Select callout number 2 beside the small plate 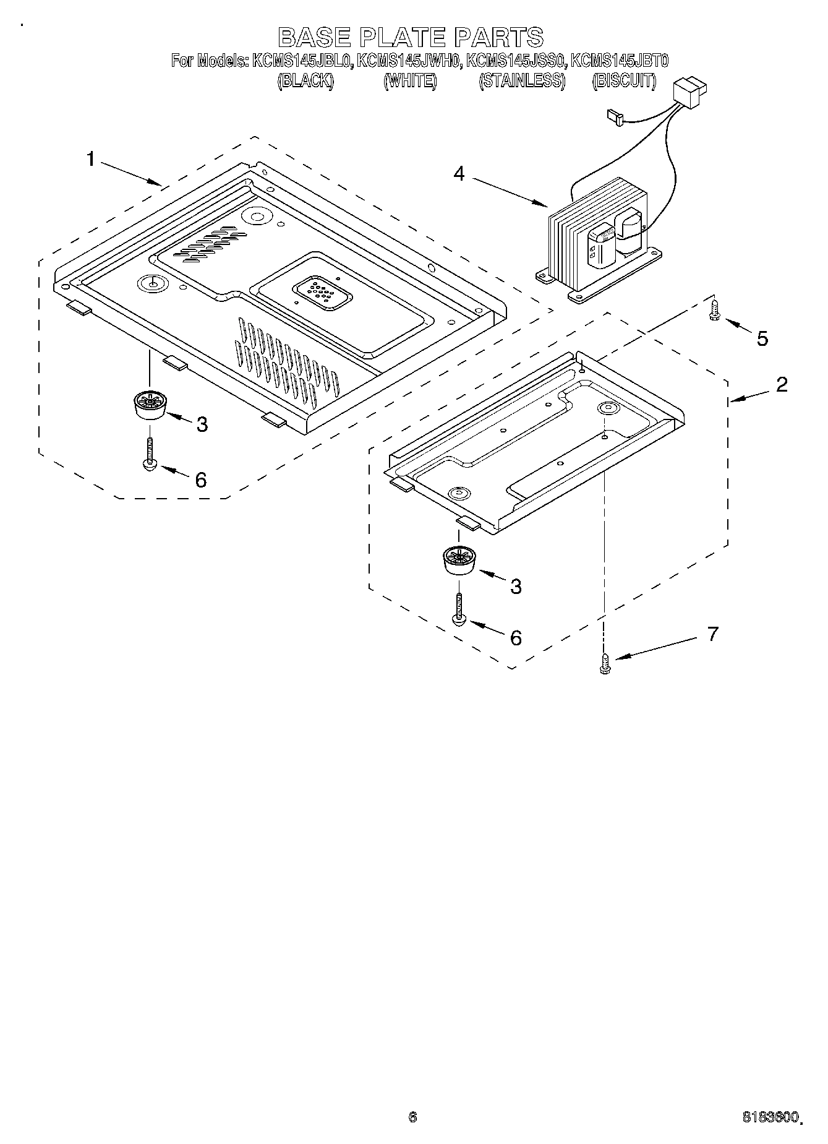pos(782,384)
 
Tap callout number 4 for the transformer pos(458,174)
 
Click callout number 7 pos(712,634)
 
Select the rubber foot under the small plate pos(458,560)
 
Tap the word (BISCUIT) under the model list pos(623,80)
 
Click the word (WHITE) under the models pos(410,80)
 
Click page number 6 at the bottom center pos(412,1117)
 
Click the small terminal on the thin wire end pos(614,115)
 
